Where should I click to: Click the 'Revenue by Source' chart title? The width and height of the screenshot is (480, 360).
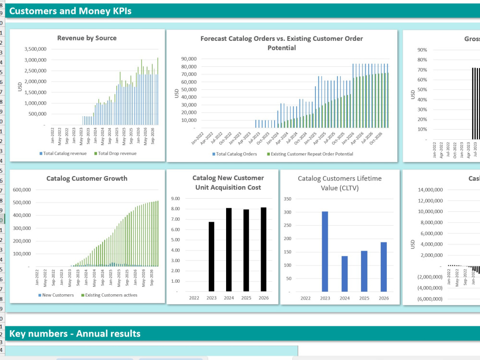87,38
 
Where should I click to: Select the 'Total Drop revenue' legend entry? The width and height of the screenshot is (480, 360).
118,153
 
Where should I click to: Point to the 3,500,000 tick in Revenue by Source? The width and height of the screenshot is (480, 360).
35,49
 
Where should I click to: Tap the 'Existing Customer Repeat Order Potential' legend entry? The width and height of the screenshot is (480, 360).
312,154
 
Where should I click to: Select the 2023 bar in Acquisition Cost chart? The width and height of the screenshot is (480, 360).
211,256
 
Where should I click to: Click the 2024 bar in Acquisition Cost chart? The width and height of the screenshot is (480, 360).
229,249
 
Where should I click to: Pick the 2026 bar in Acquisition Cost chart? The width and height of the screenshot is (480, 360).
264,249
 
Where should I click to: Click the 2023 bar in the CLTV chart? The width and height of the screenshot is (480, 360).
325,251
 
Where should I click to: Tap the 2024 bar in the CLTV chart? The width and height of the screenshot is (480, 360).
345,274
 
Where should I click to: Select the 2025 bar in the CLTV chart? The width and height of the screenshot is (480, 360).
364,271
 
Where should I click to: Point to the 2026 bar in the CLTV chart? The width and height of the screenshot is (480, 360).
384,266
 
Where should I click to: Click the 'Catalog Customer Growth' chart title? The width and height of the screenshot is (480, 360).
87,179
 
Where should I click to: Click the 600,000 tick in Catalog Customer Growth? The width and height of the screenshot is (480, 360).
22,190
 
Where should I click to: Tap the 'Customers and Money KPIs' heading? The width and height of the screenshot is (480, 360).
70,12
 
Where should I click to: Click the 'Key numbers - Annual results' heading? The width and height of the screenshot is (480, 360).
75,334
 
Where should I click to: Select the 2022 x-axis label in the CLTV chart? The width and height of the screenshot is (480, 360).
305,298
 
